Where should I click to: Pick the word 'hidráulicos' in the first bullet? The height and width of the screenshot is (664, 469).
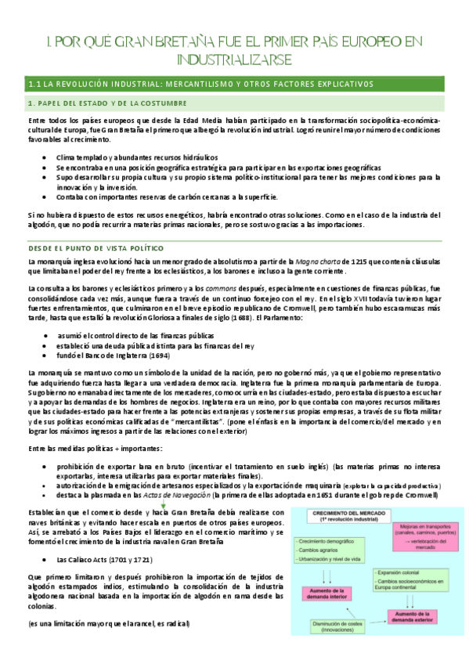pyautogui.click(x=197, y=157)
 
